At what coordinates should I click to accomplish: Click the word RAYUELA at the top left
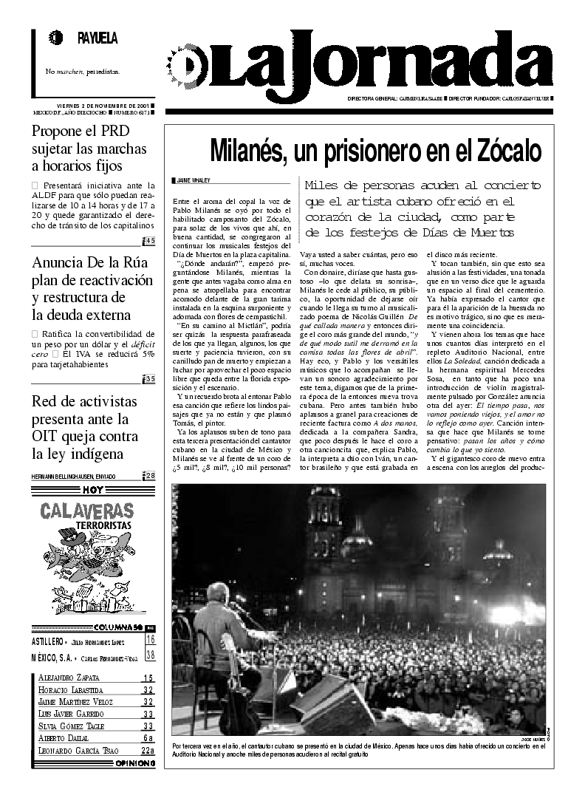[97, 38]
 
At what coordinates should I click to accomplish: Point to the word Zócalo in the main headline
[507, 150]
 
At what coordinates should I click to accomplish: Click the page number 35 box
[149, 379]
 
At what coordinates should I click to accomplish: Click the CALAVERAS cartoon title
[87, 510]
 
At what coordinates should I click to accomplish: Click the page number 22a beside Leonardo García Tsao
[148, 751]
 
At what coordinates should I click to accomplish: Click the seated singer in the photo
[219, 635]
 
